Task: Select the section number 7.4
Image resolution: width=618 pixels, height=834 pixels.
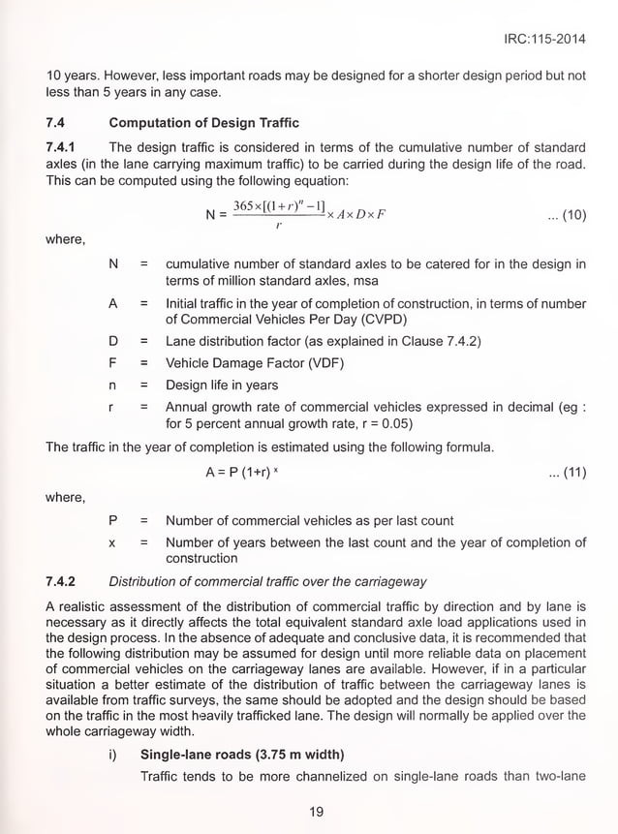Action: point(57,123)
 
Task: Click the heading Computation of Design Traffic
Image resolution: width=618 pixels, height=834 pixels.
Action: point(203,123)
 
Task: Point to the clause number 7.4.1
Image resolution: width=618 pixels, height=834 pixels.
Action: point(62,147)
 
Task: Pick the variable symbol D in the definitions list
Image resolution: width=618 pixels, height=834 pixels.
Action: point(113,342)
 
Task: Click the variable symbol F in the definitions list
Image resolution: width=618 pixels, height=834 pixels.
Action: point(113,363)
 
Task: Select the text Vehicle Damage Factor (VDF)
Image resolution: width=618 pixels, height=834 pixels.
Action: point(255,363)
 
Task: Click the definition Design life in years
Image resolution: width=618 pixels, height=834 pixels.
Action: point(222,386)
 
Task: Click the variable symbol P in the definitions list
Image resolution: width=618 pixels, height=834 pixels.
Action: point(113,521)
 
